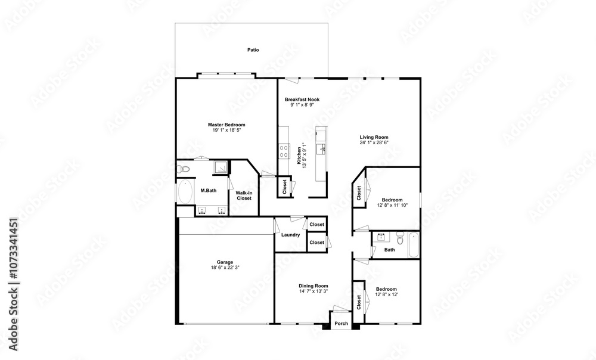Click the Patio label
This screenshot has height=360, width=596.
click(x=253, y=50)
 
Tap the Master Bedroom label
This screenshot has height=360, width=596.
click(x=226, y=125)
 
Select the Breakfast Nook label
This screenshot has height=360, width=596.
click(x=302, y=100)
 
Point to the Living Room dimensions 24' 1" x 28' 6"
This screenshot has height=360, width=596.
click(x=374, y=142)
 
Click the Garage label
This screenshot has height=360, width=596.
click(x=225, y=262)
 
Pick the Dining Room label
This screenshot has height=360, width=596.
click(x=313, y=286)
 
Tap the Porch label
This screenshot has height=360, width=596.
click(x=342, y=324)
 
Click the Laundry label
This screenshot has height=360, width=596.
click(x=290, y=235)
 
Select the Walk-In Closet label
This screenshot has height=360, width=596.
click(x=244, y=195)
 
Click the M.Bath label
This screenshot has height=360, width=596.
click(x=208, y=191)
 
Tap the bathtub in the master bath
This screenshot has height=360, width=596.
click(x=185, y=191)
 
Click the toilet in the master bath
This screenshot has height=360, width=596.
click(x=184, y=169)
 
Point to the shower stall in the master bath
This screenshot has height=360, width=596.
click(x=220, y=167)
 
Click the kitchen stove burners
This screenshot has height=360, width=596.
click(x=284, y=151)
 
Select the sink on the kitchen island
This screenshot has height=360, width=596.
click(x=322, y=148)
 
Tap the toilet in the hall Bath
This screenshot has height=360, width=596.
click(x=400, y=238)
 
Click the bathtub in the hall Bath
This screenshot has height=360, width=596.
click(x=414, y=245)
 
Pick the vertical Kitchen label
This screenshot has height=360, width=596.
click(x=299, y=156)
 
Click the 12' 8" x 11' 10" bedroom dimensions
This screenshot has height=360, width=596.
click(x=392, y=205)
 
